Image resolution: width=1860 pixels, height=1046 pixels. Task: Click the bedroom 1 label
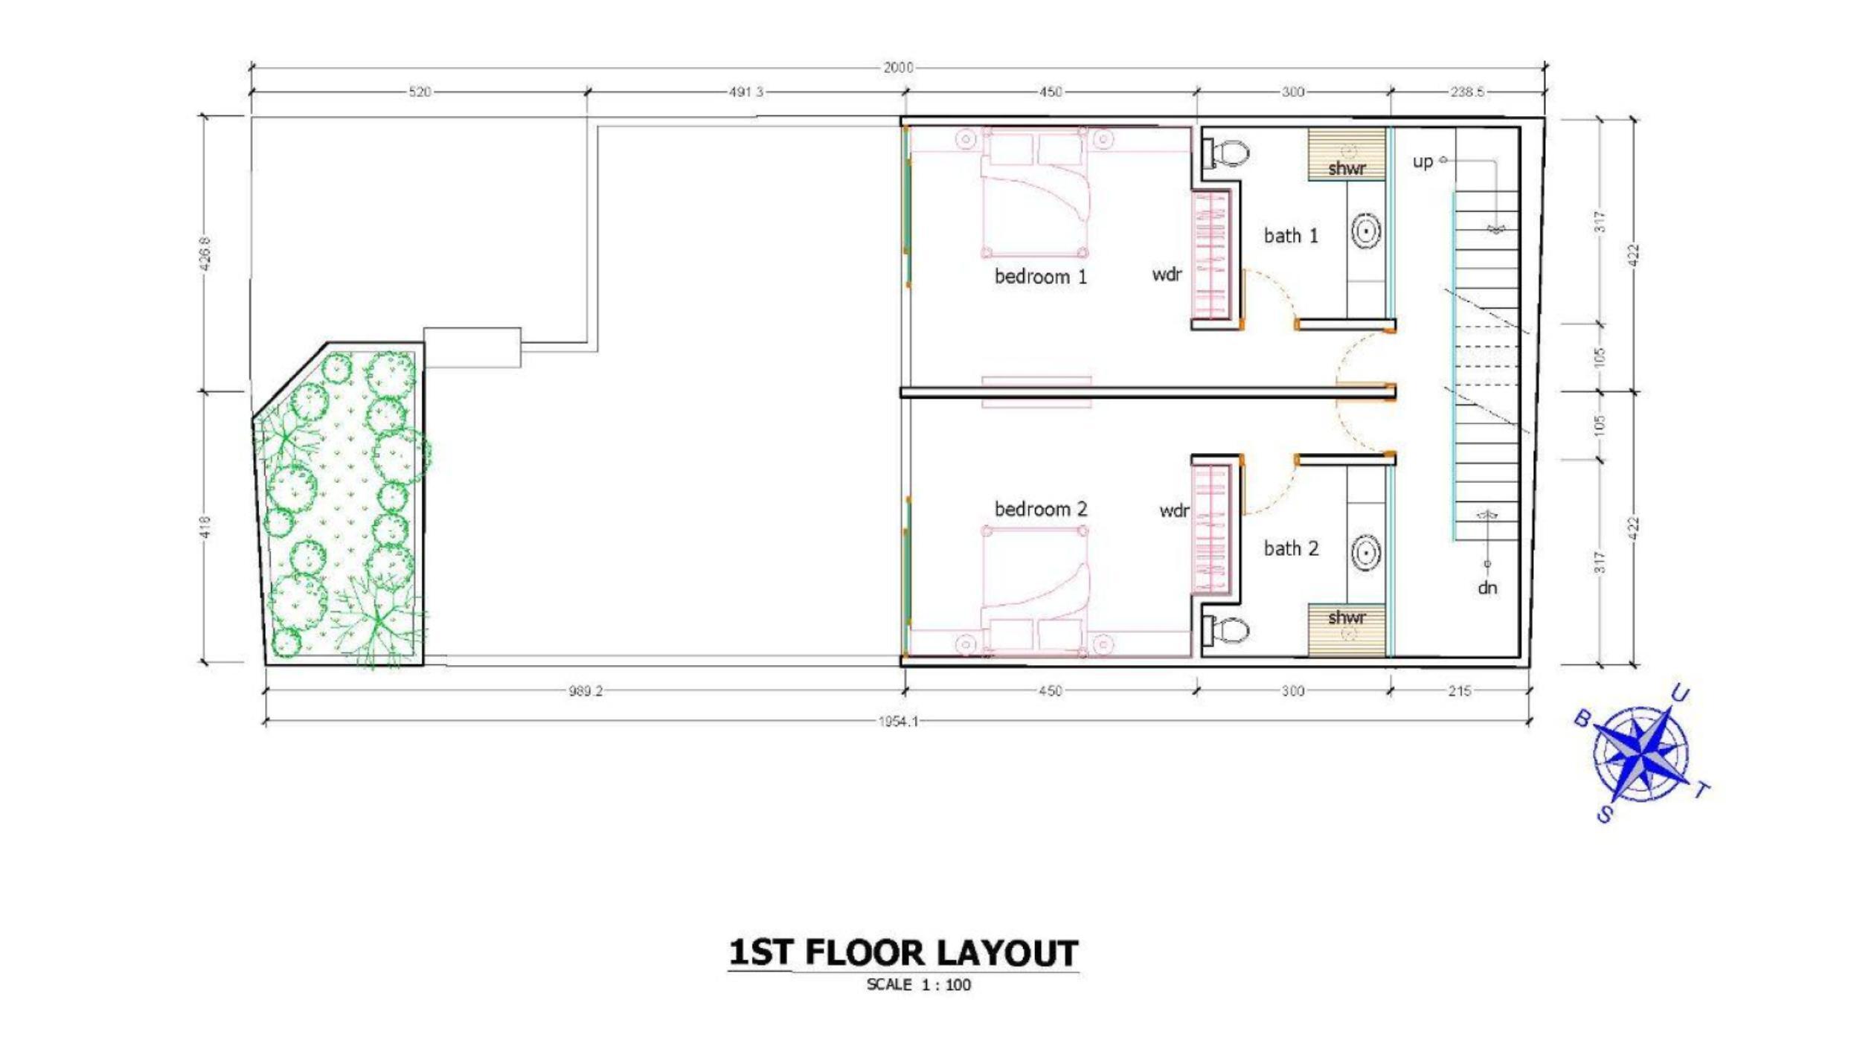(1040, 277)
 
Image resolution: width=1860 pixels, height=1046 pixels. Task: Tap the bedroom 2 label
(1040, 509)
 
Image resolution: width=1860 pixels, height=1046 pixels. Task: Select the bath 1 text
(1291, 236)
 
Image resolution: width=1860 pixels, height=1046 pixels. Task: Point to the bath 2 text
(1291, 548)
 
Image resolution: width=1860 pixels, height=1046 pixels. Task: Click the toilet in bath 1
(1226, 154)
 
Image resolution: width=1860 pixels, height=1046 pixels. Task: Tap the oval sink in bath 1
(1366, 231)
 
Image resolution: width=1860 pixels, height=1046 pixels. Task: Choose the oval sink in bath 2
(1366, 554)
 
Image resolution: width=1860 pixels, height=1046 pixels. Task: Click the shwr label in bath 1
(1347, 168)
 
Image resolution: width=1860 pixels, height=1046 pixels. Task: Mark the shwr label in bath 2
(1347, 617)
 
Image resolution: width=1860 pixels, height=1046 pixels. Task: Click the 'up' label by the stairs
(1423, 162)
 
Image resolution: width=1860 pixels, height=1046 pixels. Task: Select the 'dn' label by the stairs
(1487, 588)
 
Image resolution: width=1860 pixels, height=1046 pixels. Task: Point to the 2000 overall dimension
(898, 68)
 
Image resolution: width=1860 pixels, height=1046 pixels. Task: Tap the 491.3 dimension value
(745, 92)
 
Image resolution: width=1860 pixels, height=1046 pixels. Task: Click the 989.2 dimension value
(586, 691)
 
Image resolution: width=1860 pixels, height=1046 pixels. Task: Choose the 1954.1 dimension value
(898, 722)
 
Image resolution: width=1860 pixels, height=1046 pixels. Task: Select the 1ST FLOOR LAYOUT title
(903, 953)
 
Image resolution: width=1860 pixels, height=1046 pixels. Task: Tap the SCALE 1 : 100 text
(919, 985)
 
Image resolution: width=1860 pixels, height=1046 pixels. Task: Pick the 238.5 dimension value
(1466, 92)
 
